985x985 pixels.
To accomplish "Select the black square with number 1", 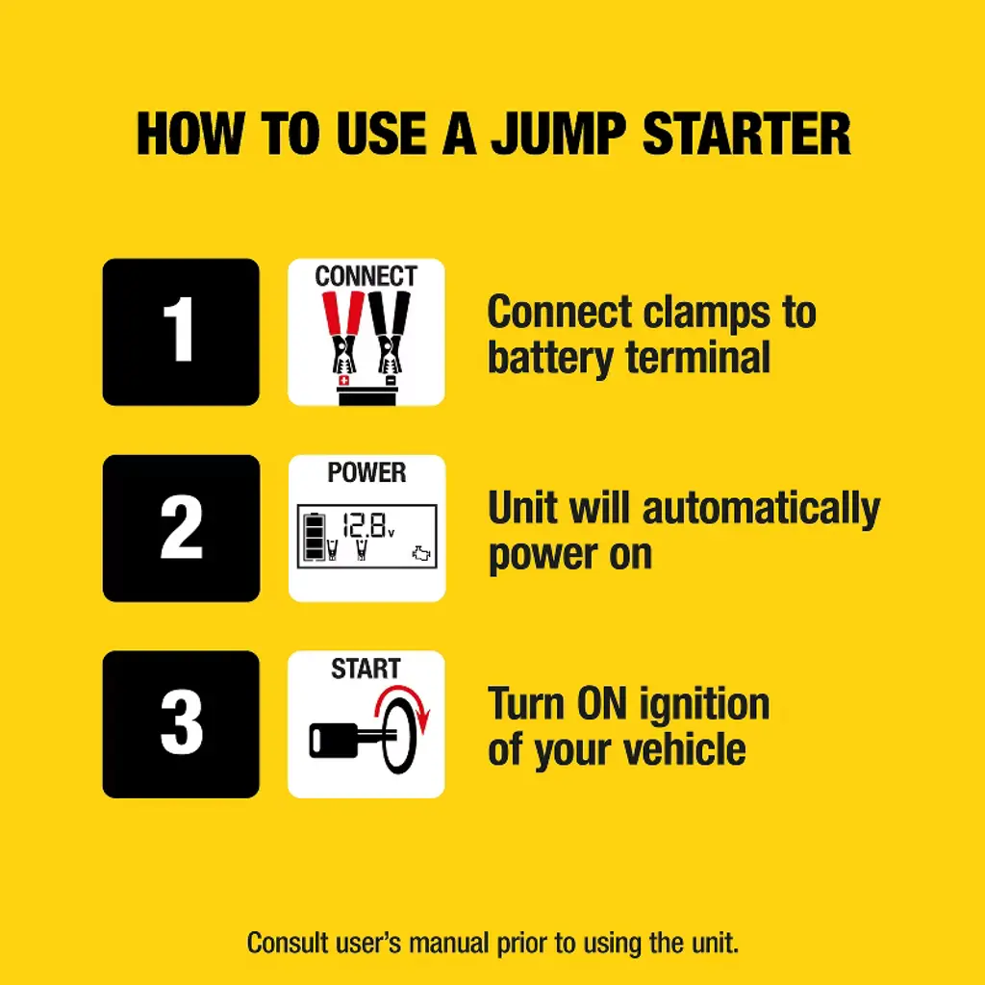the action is [x=181, y=332].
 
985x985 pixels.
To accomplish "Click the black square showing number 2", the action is [x=181, y=528].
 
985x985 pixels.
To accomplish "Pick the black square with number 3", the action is [x=181, y=724].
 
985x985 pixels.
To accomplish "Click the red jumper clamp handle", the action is [x=343, y=313].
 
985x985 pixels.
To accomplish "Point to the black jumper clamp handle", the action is [x=390, y=313].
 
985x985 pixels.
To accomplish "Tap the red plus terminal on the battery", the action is [x=343, y=381].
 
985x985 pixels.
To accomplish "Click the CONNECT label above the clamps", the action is [x=366, y=276].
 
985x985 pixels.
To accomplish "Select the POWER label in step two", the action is [x=366, y=472].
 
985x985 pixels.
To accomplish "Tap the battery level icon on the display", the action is [x=315, y=537].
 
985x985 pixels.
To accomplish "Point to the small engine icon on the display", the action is [x=421, y=553].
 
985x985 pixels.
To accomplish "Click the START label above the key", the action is [x=366, y=669].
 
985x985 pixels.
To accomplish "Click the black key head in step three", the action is [x=334, y=740].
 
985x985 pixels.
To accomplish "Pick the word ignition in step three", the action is [x=705, y=705].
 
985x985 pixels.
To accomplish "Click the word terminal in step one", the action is [x=698, y=357].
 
